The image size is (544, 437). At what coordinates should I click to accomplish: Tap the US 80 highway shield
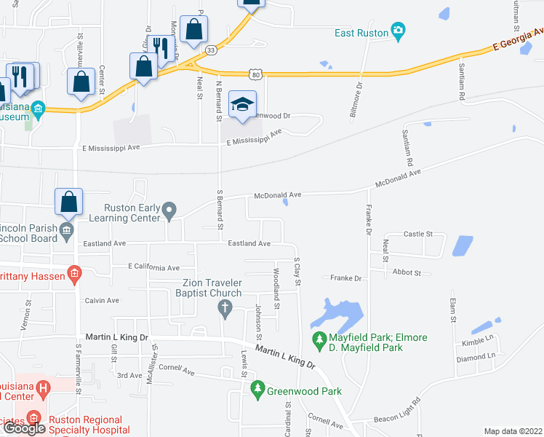pos(254,74)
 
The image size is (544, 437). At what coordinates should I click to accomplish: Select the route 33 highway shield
pos(210,50)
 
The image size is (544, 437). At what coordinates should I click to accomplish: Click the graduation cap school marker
pos(242,104)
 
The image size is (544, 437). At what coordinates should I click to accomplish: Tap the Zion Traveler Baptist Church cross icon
pos(225,310)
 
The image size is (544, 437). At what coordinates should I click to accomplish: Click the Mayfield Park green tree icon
pos(319,339)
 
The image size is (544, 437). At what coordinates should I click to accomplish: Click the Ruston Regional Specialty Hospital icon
pos(33,419)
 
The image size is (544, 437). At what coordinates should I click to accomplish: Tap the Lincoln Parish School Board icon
pos(66,231)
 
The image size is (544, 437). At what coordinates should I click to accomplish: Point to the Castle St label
pos(418,234)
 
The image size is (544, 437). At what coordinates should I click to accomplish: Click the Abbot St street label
pos(407,272)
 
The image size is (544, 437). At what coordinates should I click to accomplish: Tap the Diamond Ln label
pos(476,356)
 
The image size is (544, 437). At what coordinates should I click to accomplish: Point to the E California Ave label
pos(153,267)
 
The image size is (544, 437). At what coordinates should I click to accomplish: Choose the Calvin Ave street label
pos(102,300)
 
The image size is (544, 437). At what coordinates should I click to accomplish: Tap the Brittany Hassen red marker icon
pos(73,275)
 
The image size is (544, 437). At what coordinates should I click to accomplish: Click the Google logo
pos(24,428)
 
